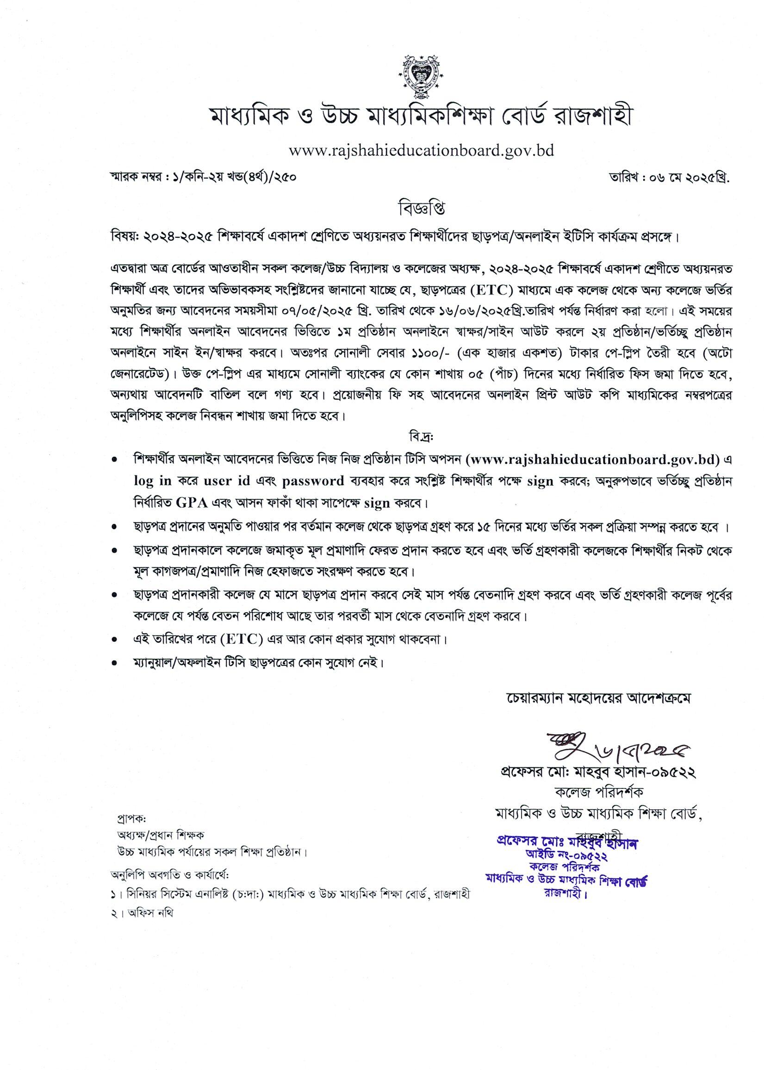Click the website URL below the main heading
click(421, 151)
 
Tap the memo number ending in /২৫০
click(203, 178)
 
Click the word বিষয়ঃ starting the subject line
click(123, 235)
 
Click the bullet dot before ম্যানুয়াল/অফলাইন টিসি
click(114, 664)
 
